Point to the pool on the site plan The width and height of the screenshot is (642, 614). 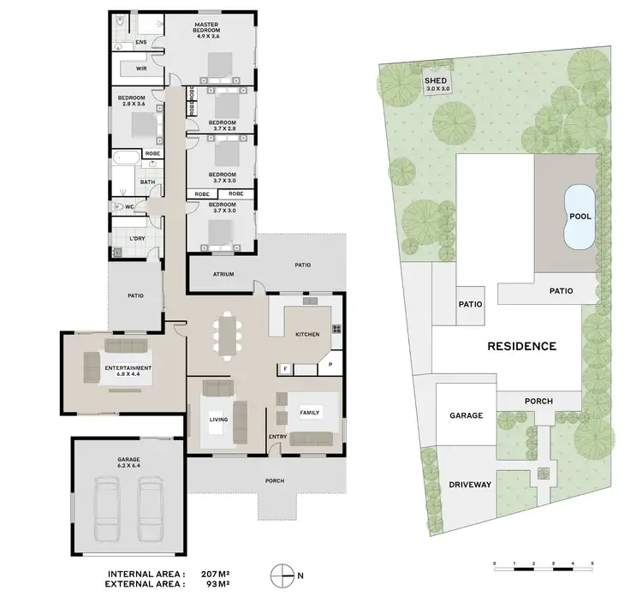[580, 217]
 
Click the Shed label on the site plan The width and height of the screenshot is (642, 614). [436, 84]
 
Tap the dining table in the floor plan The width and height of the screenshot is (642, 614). [228, 334]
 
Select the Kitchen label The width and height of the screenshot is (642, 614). [308, 334]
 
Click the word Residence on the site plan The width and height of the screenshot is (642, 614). [521, 347]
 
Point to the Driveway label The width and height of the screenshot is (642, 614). [470, 485]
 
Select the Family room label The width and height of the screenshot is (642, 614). [309, 412]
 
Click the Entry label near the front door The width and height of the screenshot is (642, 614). [277, 438]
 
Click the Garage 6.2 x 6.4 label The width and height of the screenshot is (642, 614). [129, 462]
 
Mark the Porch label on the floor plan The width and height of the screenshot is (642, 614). [274, 480]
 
